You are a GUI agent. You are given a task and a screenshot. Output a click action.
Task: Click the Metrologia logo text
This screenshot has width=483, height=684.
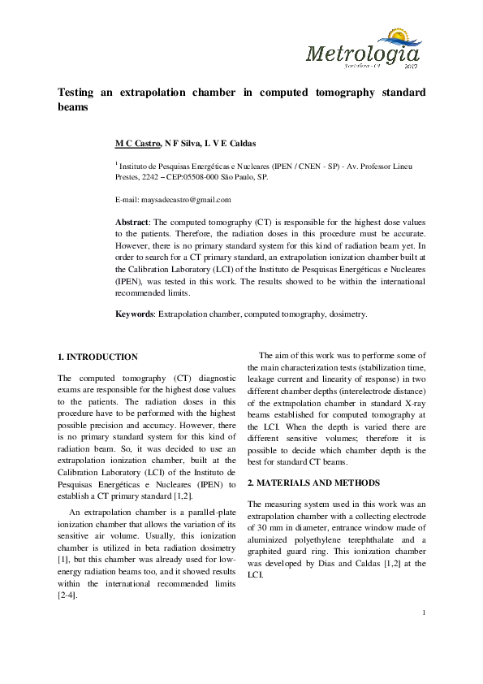363,55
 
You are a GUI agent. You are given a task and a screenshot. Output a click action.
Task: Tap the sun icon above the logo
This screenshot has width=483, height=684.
402,37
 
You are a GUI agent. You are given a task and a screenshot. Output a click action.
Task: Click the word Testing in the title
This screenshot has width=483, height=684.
77,93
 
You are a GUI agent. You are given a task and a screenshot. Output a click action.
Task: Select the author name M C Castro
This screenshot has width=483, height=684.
137,143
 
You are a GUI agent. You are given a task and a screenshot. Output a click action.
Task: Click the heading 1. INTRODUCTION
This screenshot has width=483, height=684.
97,357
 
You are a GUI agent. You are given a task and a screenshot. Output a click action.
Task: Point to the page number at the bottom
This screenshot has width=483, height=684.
424,634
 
